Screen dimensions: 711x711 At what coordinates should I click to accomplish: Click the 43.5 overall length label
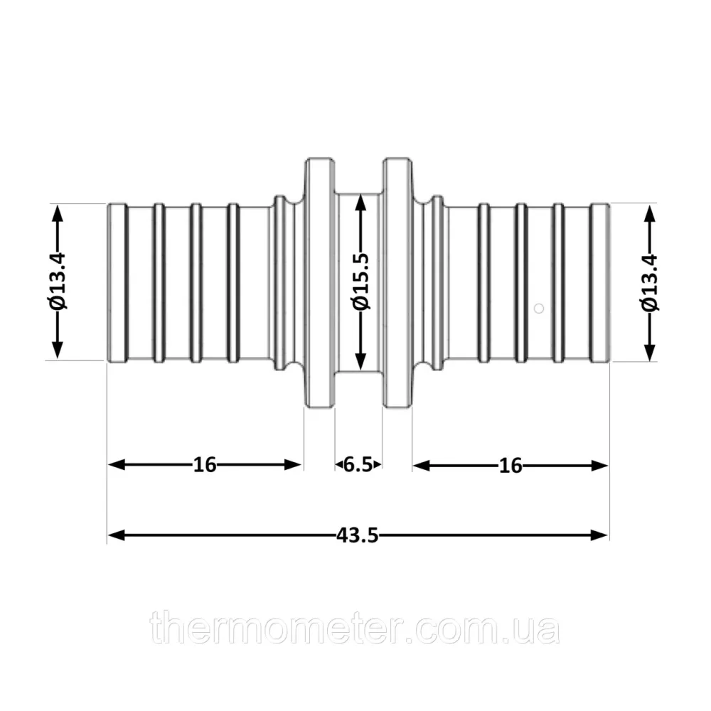(358, 535)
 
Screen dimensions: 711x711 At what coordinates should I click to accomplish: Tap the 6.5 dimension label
(358, 465)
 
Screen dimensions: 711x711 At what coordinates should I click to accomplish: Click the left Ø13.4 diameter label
(58, 281)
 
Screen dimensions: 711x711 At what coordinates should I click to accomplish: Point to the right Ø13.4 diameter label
(650, 282)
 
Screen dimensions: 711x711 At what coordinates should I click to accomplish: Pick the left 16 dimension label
(205, 465)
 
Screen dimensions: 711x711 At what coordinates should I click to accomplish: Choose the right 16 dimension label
(510, 466)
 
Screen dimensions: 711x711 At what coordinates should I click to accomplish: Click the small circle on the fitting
(539, 309)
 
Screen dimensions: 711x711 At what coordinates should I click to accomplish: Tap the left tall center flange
(320, 283)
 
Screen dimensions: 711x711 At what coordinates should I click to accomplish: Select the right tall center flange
(397, 283)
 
